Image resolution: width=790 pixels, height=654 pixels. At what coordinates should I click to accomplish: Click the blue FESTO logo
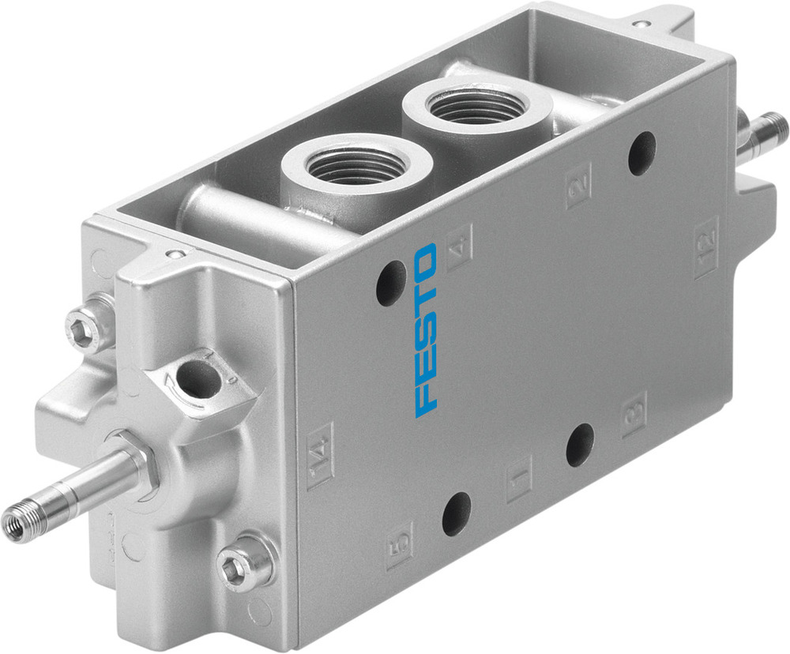coord(426,330)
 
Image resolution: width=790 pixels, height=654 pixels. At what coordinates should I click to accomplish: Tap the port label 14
coord(320,455)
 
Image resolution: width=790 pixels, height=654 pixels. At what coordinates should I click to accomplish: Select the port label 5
coord(400,545)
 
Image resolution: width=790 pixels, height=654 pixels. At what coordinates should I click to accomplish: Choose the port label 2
coord(579,184)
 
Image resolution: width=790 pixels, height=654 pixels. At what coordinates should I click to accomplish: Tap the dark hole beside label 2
coord(641,153)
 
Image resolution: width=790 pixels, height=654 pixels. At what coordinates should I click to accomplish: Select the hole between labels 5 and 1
coord(457,513)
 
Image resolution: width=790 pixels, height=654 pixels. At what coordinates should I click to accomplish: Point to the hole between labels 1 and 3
coord(580,445)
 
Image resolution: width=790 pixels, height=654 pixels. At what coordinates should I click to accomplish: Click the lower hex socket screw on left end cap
coord(238,566)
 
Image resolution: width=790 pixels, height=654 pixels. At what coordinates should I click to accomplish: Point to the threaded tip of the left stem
coord(16,524)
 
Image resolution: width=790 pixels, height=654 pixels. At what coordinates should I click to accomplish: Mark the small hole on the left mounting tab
coord(175,254)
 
